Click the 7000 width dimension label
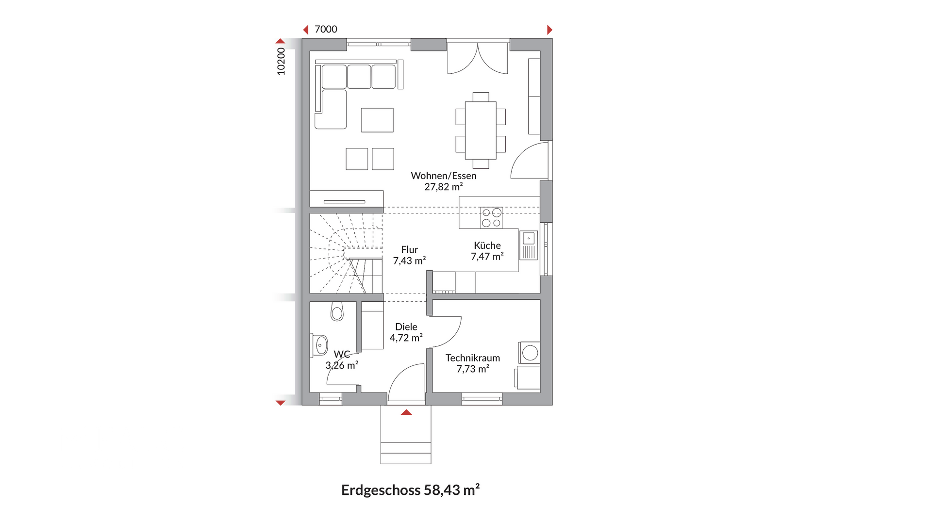tap(326, 29)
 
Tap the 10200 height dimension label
tap(281, 61)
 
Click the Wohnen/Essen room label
tap(443, 176)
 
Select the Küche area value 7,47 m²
tap(487, 257)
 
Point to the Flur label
tap(409, 249)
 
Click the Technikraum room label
tap(472, 358)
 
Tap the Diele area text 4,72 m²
tap(406, 338)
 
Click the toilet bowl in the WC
tap(337, 311)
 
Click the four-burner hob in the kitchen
tap(491, 218)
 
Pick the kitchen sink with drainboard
tap(529, 245)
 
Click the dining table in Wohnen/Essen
tap(481, 130)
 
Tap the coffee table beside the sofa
tap(377, 120)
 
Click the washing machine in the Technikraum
tap(530, 353)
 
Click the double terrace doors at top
tap(478, 58)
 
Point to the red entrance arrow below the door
tap(406, 412)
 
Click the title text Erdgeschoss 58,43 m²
tap(410, 490)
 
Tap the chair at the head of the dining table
tap(481, 97)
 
